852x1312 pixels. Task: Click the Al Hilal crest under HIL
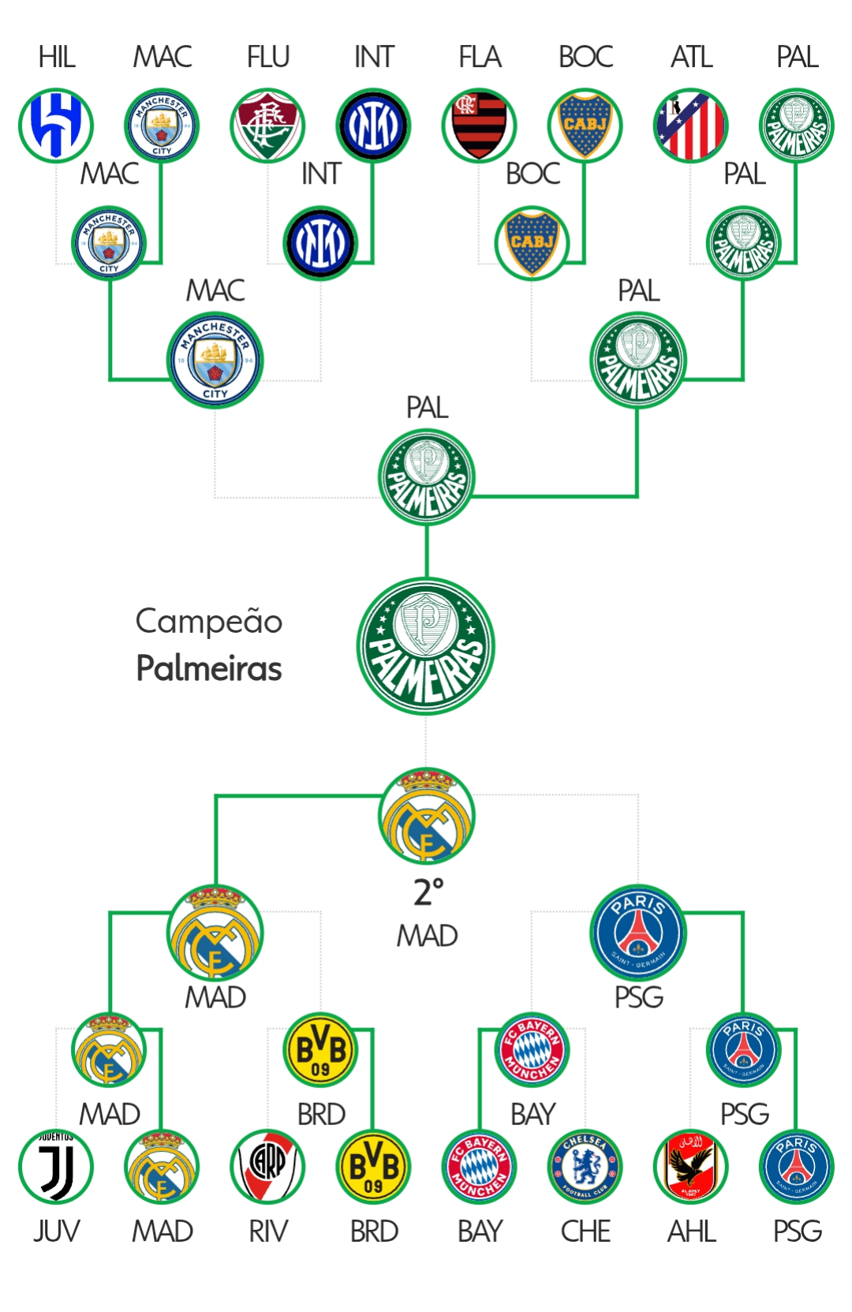pos(56,125)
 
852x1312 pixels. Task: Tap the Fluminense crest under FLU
pos(267,125)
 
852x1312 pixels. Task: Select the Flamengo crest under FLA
pos(479,125)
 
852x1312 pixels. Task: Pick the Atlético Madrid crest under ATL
pos(690,125)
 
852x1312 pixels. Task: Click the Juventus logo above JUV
pos(56,1166)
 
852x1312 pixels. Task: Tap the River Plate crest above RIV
pos(267,1166)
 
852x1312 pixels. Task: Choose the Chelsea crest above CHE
pos(585,1166)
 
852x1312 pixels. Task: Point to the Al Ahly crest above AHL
pos(690,1166)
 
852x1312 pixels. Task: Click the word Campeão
pos(209,621)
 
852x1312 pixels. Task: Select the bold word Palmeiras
pos(209,668)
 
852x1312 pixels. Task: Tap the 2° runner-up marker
pos(428,892)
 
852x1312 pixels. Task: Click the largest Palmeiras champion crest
pos(426,646)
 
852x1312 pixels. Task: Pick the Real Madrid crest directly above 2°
pos(426,815)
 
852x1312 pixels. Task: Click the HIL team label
pos(57,58)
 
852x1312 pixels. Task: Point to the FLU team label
pos(268,58)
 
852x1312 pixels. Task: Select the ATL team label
pos(692,58)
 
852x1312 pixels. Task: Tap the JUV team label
pos(56,1232)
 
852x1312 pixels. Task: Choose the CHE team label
pos(585,1232)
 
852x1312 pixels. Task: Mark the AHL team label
pos(692,1232)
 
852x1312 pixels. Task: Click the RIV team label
pos(268,1232)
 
